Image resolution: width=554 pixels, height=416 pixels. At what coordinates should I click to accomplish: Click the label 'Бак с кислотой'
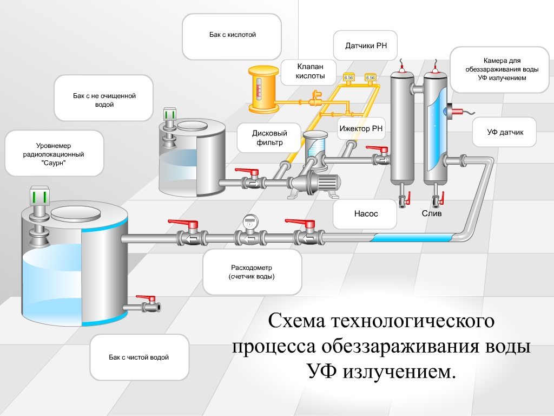(x=232, y=35)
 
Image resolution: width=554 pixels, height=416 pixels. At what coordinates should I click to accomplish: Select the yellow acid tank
(x=262, y=89)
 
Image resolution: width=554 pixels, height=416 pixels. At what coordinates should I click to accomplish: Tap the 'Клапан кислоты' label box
(x=310, y=71)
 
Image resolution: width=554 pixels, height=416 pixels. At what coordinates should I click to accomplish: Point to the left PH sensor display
(x=348, y=77)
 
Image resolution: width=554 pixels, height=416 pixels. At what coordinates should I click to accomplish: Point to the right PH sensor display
(x=371, y=77)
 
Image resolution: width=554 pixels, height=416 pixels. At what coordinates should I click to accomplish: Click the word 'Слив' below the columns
(x=432, y=213)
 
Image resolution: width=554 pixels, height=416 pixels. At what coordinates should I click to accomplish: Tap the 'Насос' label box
(x=366, y=213)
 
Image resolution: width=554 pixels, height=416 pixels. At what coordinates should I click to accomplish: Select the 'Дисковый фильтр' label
(x=269, y=138)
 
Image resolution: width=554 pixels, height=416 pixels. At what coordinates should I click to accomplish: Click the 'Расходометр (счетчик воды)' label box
(x=252, y=272)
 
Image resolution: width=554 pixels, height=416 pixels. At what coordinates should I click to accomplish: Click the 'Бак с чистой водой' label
(x=139, y=357)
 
